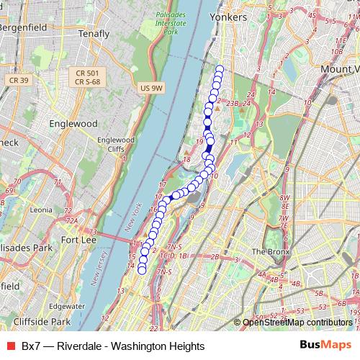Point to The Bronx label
270,251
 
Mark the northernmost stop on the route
219,70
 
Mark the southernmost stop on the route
142,270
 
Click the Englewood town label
73,123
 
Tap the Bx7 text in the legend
31,346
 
